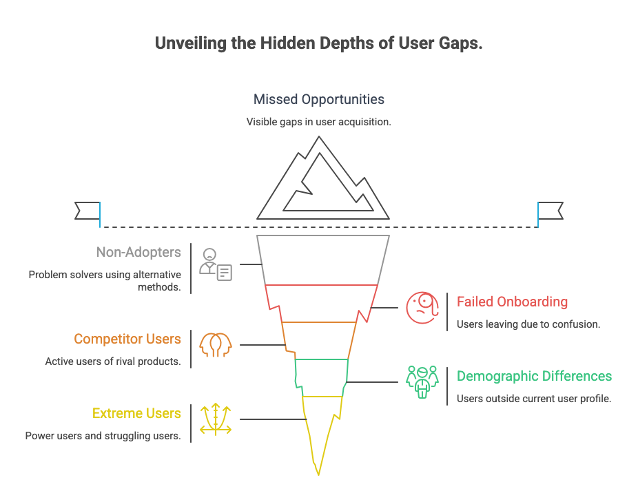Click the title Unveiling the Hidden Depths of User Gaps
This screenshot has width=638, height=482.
pyautogui.click(x=318, y=43)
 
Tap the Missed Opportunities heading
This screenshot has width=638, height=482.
pyautogui.click(x=318, y=99)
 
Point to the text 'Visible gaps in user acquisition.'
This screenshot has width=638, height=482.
pyautogui.click(x=318, y=121)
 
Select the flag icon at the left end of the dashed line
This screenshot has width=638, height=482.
pyautogui.click(x=88, y=210)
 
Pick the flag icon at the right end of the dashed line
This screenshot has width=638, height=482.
pyautogui.click(x=550, y=210)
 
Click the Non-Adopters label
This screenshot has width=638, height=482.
pyautogui.click(x=138, y=252)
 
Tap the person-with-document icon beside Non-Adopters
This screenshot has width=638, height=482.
pyautogui.click(x=215, y=264)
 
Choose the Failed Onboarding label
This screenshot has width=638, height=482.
pyautogui.click(x=512, y=302)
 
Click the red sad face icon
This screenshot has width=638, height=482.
pyautogui.click(x=422, y=307)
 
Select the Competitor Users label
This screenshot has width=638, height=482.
pyautogui.click(x=127, y=339)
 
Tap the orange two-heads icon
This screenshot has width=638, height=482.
pyautogui.click(x=216, y=344)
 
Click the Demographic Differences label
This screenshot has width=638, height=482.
pyautogui.click(x=534, y=376)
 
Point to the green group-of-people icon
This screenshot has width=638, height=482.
pyautogui.click(x=422, y=381)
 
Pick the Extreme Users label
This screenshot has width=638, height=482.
pyautogui.click(x=136, y=413)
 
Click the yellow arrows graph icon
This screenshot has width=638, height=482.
pyautogui.click(x=216, y=419)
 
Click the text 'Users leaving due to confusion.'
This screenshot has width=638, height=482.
pyautogui.click(x=528, y=324)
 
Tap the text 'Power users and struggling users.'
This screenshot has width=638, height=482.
pyautogui.click(x=103, y=435)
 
